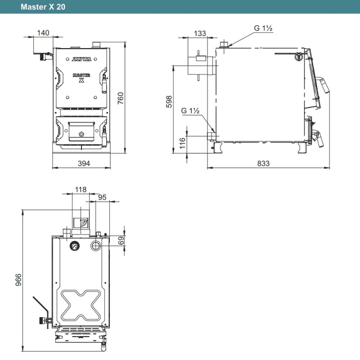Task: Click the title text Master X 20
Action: click(x=43, y=7)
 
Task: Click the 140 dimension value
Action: click(x=43, y=33)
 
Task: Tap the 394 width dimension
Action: click(x=84, y=163)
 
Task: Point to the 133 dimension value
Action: click(x=200, y=33)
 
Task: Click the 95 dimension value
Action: click(x=102, y=197)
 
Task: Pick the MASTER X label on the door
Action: click(x=81, y=78)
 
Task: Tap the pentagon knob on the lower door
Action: click(x=81, y=134)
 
